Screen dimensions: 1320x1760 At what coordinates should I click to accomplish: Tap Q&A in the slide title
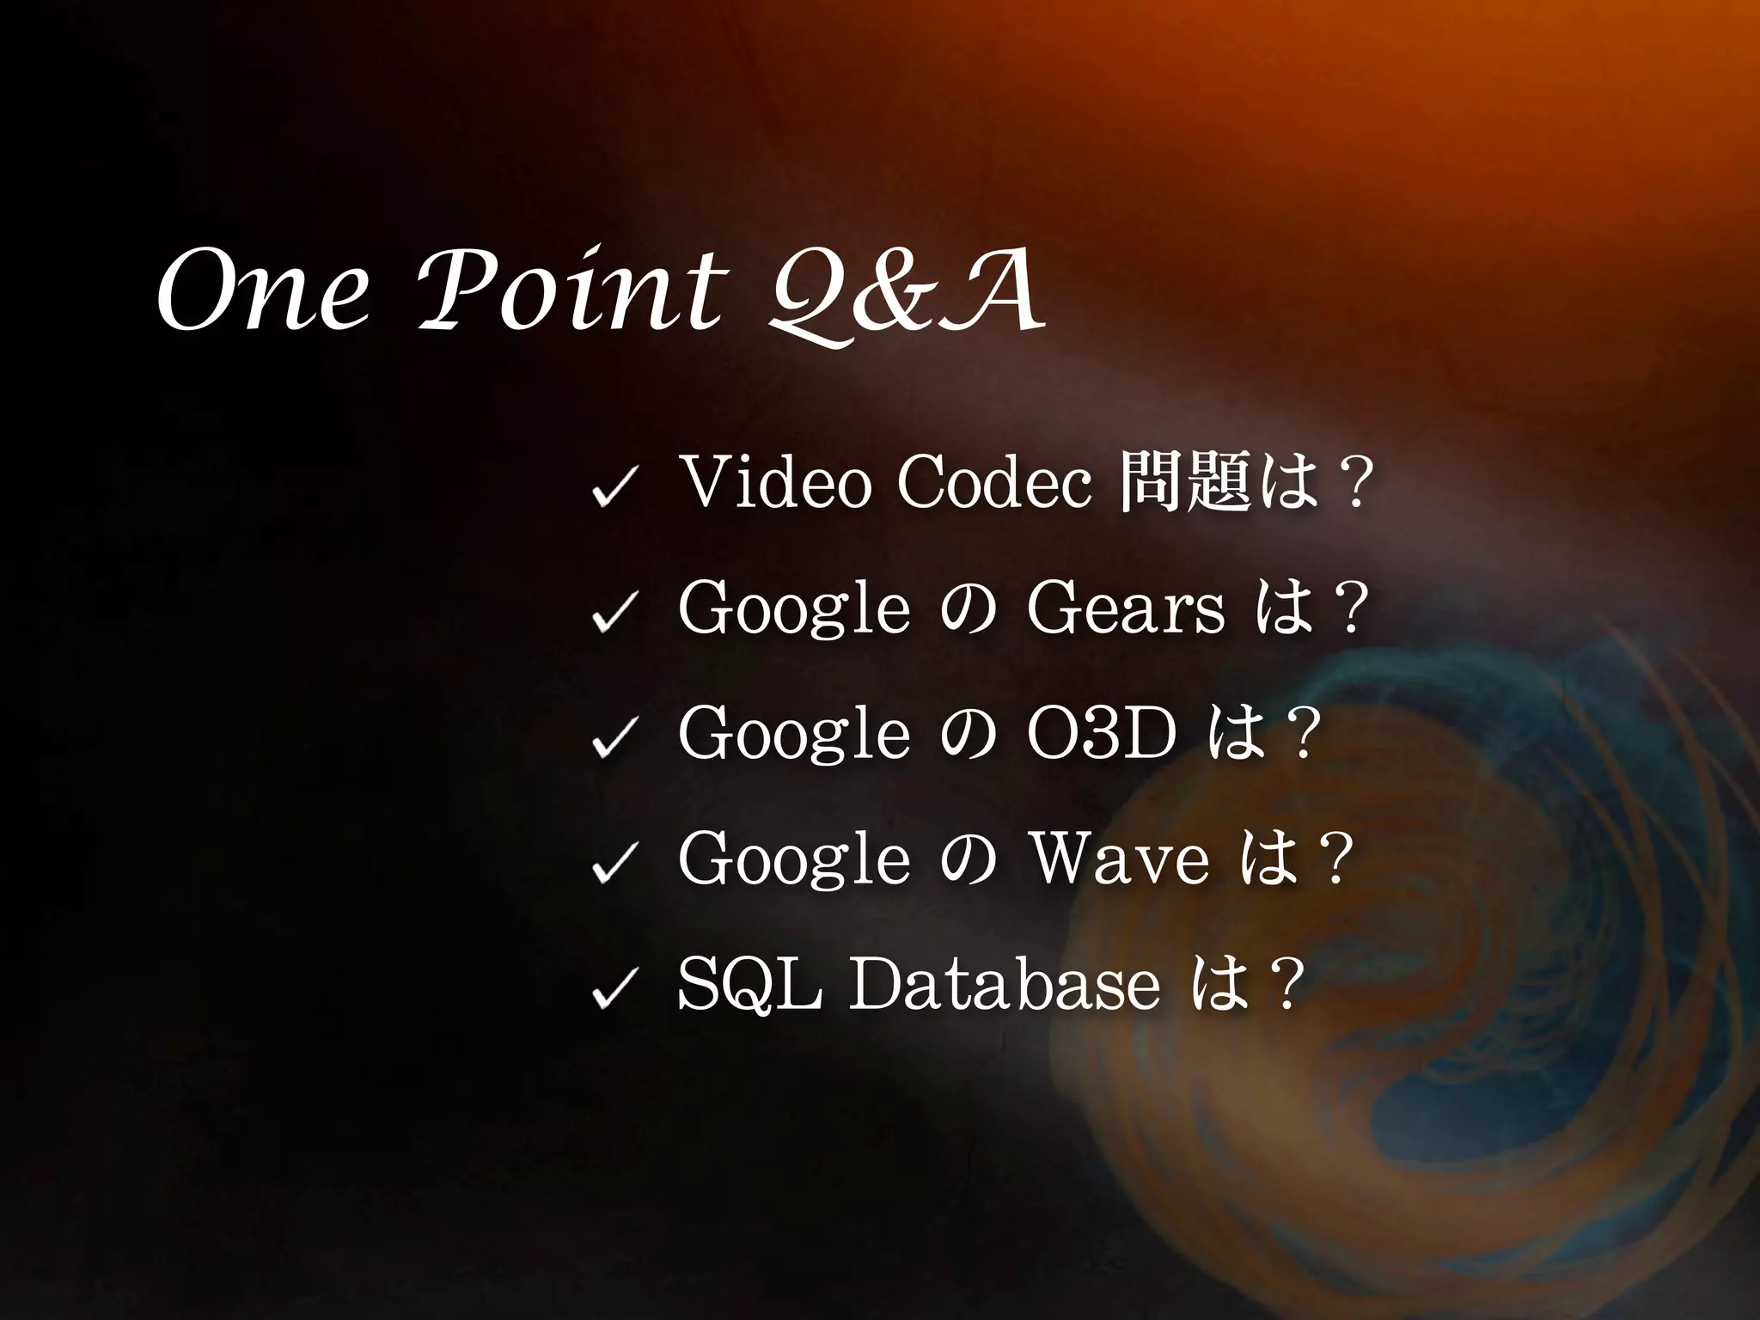pyautogui.click(x=907, y=296)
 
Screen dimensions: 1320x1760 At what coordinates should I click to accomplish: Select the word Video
pyautogui.click(x=773, y=483)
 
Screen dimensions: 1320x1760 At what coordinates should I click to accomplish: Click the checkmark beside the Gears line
pyautogui.click(x=614, y=614)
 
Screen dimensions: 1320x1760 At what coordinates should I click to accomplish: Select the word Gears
pyautogui.click(x=1125, y=609)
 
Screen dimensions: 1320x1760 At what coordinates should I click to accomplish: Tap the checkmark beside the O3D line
pyautogui.click(x=614, y=740)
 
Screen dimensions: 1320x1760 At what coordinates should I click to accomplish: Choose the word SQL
pyautogui.click(x=749, y=984)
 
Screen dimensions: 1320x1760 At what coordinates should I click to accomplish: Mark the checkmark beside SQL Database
pyautogui.click(x=614, y=990)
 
